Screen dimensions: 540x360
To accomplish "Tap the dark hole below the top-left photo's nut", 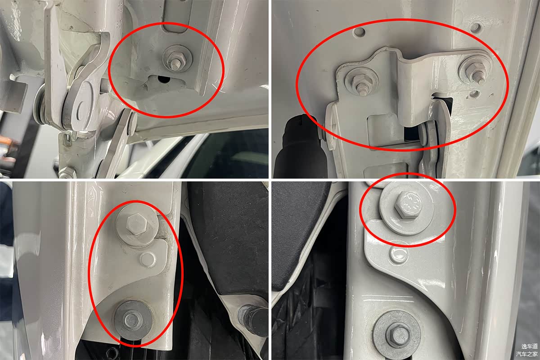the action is [163, 79].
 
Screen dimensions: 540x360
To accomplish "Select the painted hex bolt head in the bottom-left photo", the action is [136, 224].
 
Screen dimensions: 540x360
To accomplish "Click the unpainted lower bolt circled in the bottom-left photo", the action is [132, 320].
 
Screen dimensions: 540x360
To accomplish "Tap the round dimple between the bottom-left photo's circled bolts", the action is [148, 259].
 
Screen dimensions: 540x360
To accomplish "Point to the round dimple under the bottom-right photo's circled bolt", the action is [399, 253].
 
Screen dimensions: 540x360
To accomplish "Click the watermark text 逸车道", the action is [529, 346].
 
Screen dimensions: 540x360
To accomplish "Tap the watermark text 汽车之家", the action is [527, 354].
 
